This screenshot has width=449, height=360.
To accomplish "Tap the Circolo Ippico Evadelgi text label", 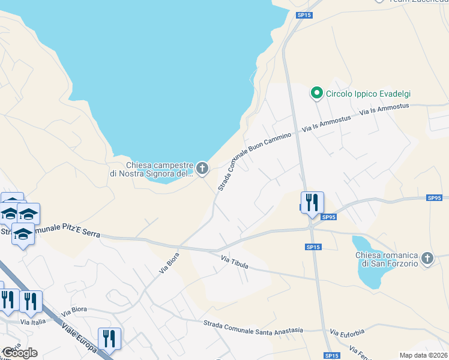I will coord(372,94).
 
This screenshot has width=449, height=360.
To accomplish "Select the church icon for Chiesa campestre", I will coord(202,169).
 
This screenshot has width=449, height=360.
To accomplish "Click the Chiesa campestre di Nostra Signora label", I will coord(160,169).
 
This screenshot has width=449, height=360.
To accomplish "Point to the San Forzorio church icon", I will coord(427,258).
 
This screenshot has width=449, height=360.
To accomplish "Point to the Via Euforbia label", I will coord(348,332).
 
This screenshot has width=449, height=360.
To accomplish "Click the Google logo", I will coord(20,353).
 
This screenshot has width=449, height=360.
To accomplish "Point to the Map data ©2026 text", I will coord(423,355).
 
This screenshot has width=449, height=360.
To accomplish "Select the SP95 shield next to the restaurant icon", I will coord(328,217).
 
